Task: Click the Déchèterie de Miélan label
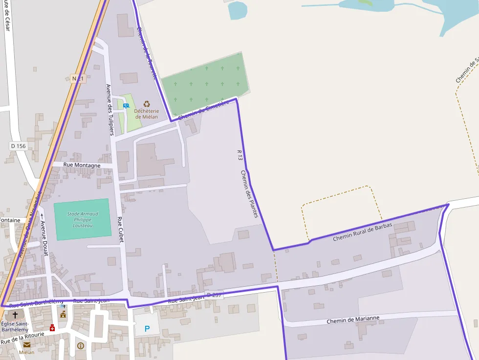(x=147, y=114)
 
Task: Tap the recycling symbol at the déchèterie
(x=147, y=104)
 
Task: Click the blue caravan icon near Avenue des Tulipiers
(x=126, y=106)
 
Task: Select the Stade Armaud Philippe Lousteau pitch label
(x=83, y=220)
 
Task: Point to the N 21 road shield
(x=78, y=79)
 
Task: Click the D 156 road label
(x=18, y=146)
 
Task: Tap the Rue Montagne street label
(x=82, y=165)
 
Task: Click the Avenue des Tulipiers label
(x=110, y=109)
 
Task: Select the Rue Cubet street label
(x=120, y=230)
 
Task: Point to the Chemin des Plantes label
(x=249, y=193)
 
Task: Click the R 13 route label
(x=239, y=155)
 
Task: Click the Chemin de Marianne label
(x=353, y=320)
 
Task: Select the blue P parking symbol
(x=147, y=329)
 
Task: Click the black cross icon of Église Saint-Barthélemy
(x=15, y=315)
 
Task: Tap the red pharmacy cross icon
(x=52, y=328)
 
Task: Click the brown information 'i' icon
(x=81, y=346)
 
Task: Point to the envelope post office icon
(x=26, y=344)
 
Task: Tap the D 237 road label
(x=215, y=296)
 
